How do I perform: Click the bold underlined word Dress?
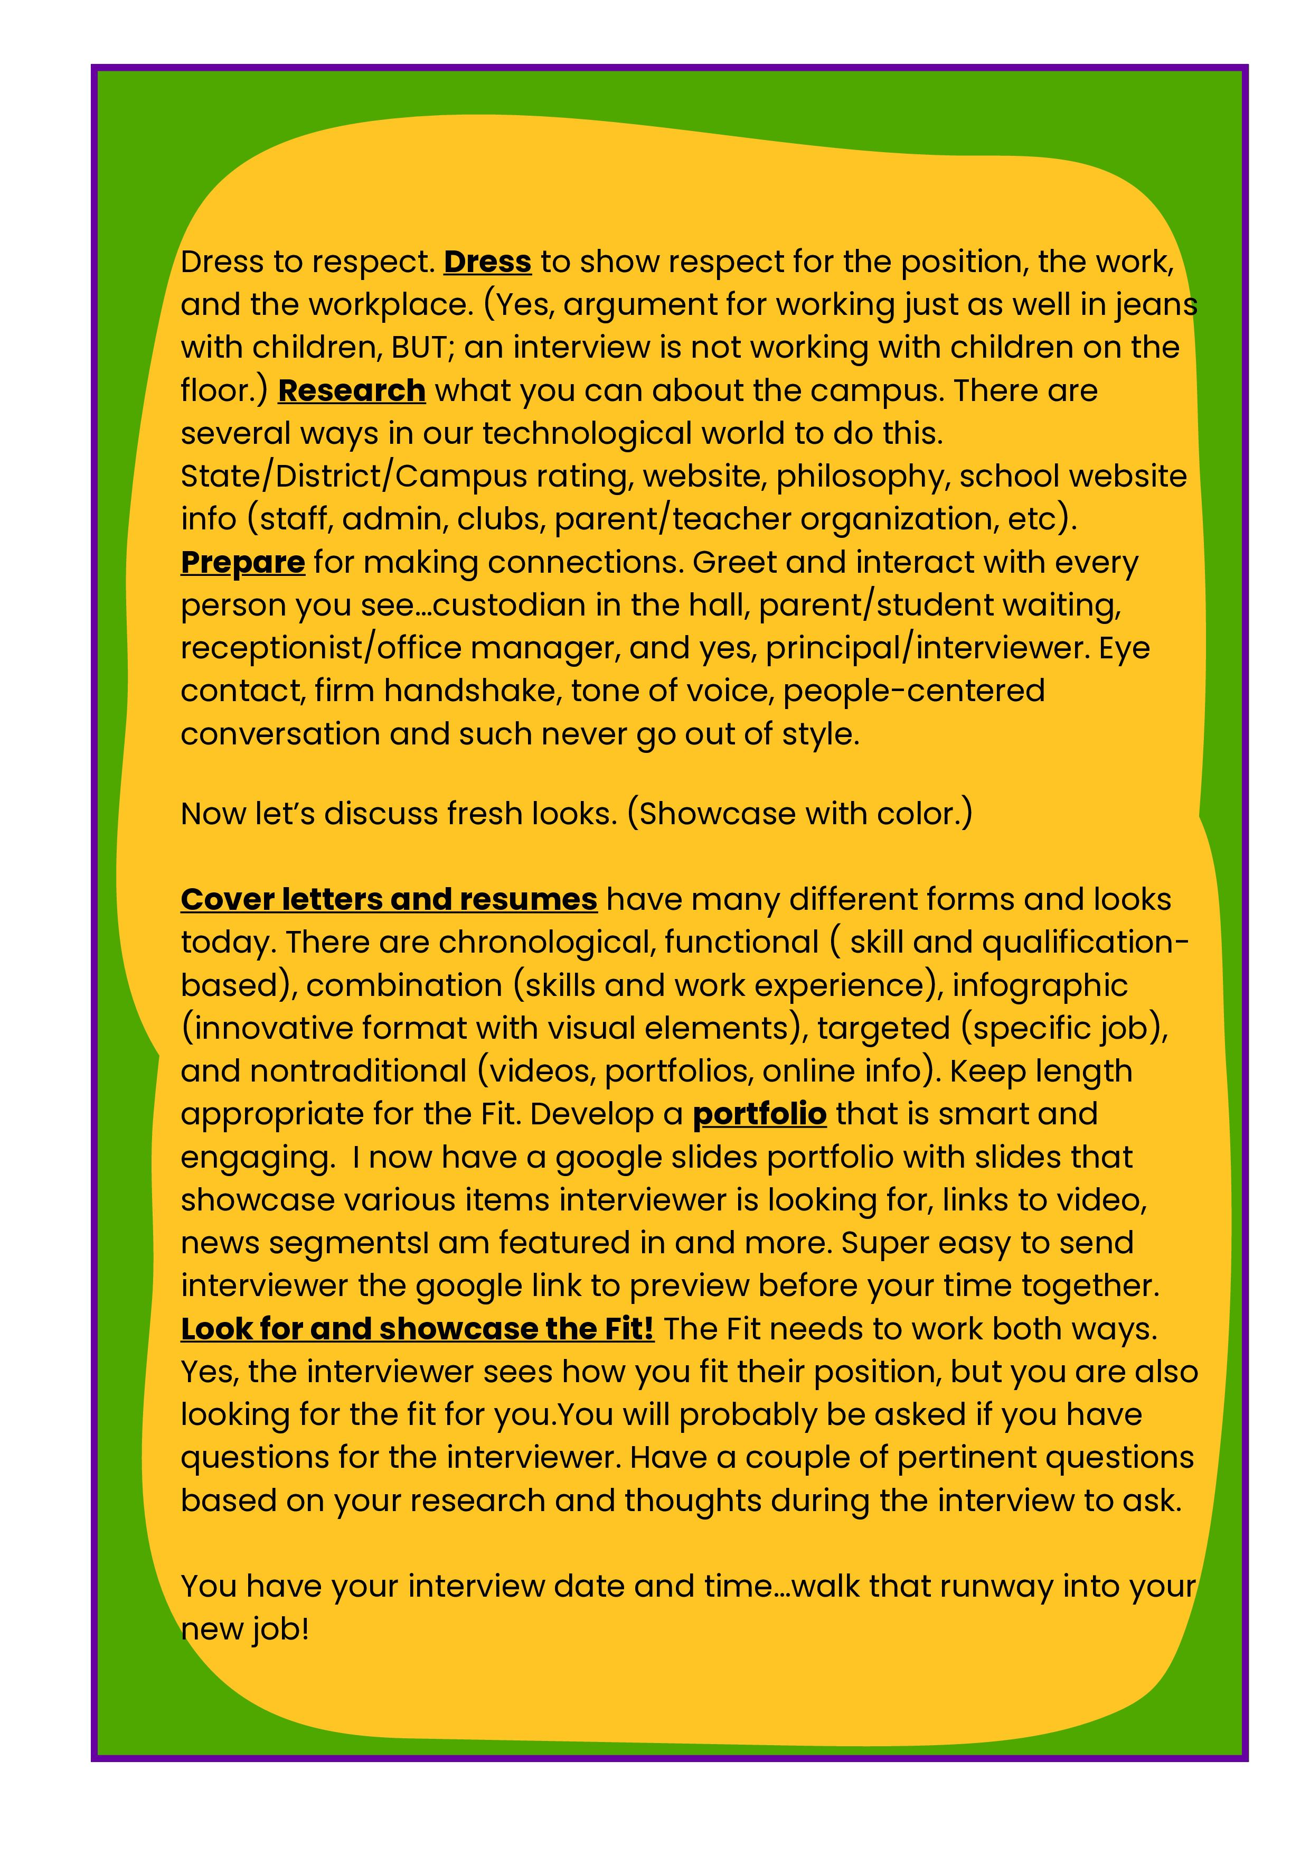point(487,262)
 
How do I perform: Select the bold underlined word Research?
point(351,391)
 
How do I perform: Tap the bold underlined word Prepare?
point(242,562)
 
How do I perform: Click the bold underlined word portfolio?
point(759,1114)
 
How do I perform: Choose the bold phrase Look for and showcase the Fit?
point(417,1328)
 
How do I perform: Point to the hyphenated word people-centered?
point(913,691)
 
